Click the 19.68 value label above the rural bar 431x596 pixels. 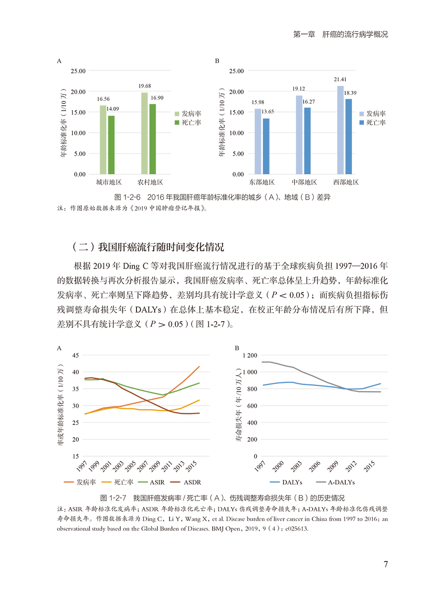(144, 87)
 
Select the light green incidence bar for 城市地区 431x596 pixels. (103, 139)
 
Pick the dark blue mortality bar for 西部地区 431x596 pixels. (348, 136)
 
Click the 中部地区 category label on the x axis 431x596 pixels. (305, 182)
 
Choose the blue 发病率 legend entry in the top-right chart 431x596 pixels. (372, 114)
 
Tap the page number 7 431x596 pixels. (386, 563)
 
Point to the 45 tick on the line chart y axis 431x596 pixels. (75, 355)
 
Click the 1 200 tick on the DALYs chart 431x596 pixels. (250, 355)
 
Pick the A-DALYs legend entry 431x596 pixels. (338, 482)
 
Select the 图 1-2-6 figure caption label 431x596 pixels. (129, 197)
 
